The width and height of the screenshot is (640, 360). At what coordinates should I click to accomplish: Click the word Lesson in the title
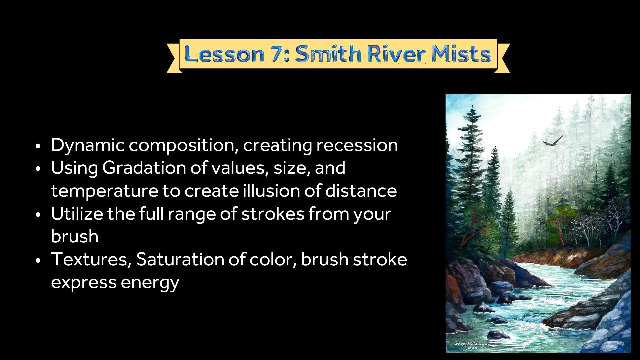tap(224, 54)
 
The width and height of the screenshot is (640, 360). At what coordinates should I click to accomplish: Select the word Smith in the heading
tap(328, 54)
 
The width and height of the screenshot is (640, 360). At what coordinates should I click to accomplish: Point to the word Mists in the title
tap(461, 54)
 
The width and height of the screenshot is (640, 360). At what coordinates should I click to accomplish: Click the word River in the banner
tap(396, 54)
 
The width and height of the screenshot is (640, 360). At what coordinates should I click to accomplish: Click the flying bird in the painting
tap(553, 141)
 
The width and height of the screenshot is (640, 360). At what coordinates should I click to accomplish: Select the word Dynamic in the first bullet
tap(88, 145)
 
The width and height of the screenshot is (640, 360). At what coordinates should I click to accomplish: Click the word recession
tap(357, 145)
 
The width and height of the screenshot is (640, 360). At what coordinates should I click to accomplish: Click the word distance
tap(361, 191)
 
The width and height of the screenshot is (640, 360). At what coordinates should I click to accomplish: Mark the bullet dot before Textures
tap(38, 261)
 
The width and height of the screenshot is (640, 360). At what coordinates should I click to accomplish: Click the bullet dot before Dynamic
tap(38, 146)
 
